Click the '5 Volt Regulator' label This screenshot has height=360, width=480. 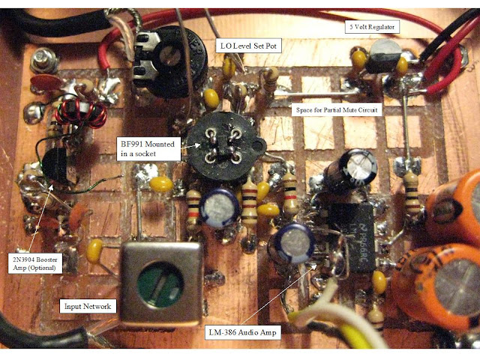click(372, 27)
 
